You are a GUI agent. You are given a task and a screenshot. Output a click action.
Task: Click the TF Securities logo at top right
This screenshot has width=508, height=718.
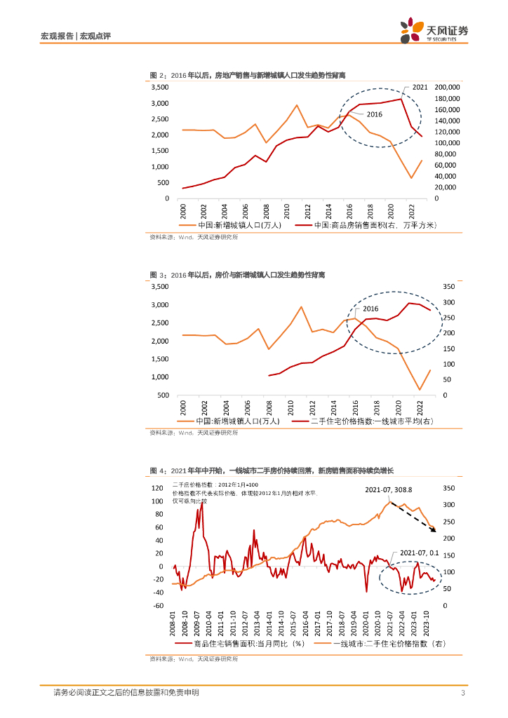[x=433, y=31]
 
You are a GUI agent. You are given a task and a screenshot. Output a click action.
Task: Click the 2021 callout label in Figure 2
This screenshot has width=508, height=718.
[x=420, y=87]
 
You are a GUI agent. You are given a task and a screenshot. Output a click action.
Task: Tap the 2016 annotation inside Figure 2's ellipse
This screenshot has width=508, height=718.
[x=374, y=114]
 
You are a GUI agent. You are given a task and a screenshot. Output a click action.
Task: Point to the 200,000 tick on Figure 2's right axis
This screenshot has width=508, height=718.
[x=447, y=87]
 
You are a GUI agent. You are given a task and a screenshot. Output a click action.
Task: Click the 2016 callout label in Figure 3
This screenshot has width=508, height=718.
[x=370, y=309]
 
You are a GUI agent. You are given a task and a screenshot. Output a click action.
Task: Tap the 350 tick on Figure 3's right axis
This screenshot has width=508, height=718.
[x=450, y=287]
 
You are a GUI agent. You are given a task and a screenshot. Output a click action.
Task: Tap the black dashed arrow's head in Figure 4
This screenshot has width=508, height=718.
[x=434, y=531]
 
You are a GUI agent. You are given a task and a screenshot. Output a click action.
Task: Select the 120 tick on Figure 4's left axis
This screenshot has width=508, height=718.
[x=157, y=488]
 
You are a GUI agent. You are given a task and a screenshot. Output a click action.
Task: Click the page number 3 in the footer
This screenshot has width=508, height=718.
[x=463, y=693]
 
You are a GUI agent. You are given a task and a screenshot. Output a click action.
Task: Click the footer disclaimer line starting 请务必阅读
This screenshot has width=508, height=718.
[x=126, y=693]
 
